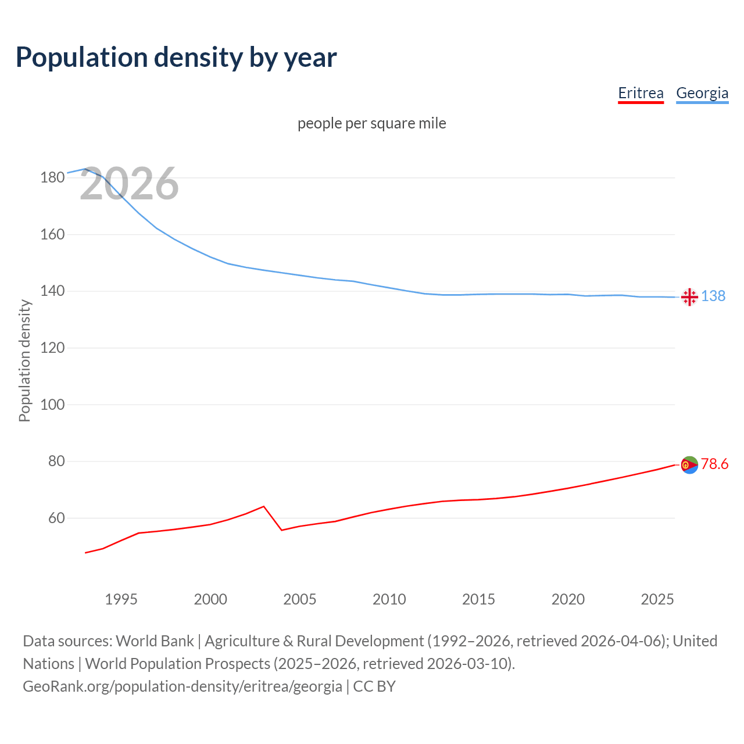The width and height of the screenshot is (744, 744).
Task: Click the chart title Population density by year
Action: coord(176,58)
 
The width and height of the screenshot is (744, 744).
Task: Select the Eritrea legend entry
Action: coord(641,93)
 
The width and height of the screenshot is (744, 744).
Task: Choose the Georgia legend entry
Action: coord(702,93)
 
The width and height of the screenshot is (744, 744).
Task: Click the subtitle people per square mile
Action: coord(372,123)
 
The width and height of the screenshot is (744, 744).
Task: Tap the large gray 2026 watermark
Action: coord(129,184)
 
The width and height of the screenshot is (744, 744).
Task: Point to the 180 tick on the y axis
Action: coord(52,178)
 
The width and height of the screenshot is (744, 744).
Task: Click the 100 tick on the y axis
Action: coord(52,405)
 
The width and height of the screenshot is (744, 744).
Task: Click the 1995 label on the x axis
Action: coord(121,599)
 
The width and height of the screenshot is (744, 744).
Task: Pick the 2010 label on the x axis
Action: coord(389,599)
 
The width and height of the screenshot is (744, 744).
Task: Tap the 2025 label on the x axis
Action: coord(657,599)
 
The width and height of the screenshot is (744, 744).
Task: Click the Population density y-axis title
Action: coord(24,360)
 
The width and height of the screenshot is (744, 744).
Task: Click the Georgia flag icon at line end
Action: coord(689,297)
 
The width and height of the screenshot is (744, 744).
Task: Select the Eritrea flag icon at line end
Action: coord(689,465)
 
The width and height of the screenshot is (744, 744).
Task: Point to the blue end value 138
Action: coord(713,296)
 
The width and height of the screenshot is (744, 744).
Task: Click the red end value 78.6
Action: coord(714,464)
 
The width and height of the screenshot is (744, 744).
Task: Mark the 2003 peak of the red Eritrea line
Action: coord(264,506)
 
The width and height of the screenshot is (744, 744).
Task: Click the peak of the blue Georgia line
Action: coord(85,169)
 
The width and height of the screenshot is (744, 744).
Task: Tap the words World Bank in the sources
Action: coord(155,641)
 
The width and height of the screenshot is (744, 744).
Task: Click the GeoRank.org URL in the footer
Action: coord(183,686)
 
